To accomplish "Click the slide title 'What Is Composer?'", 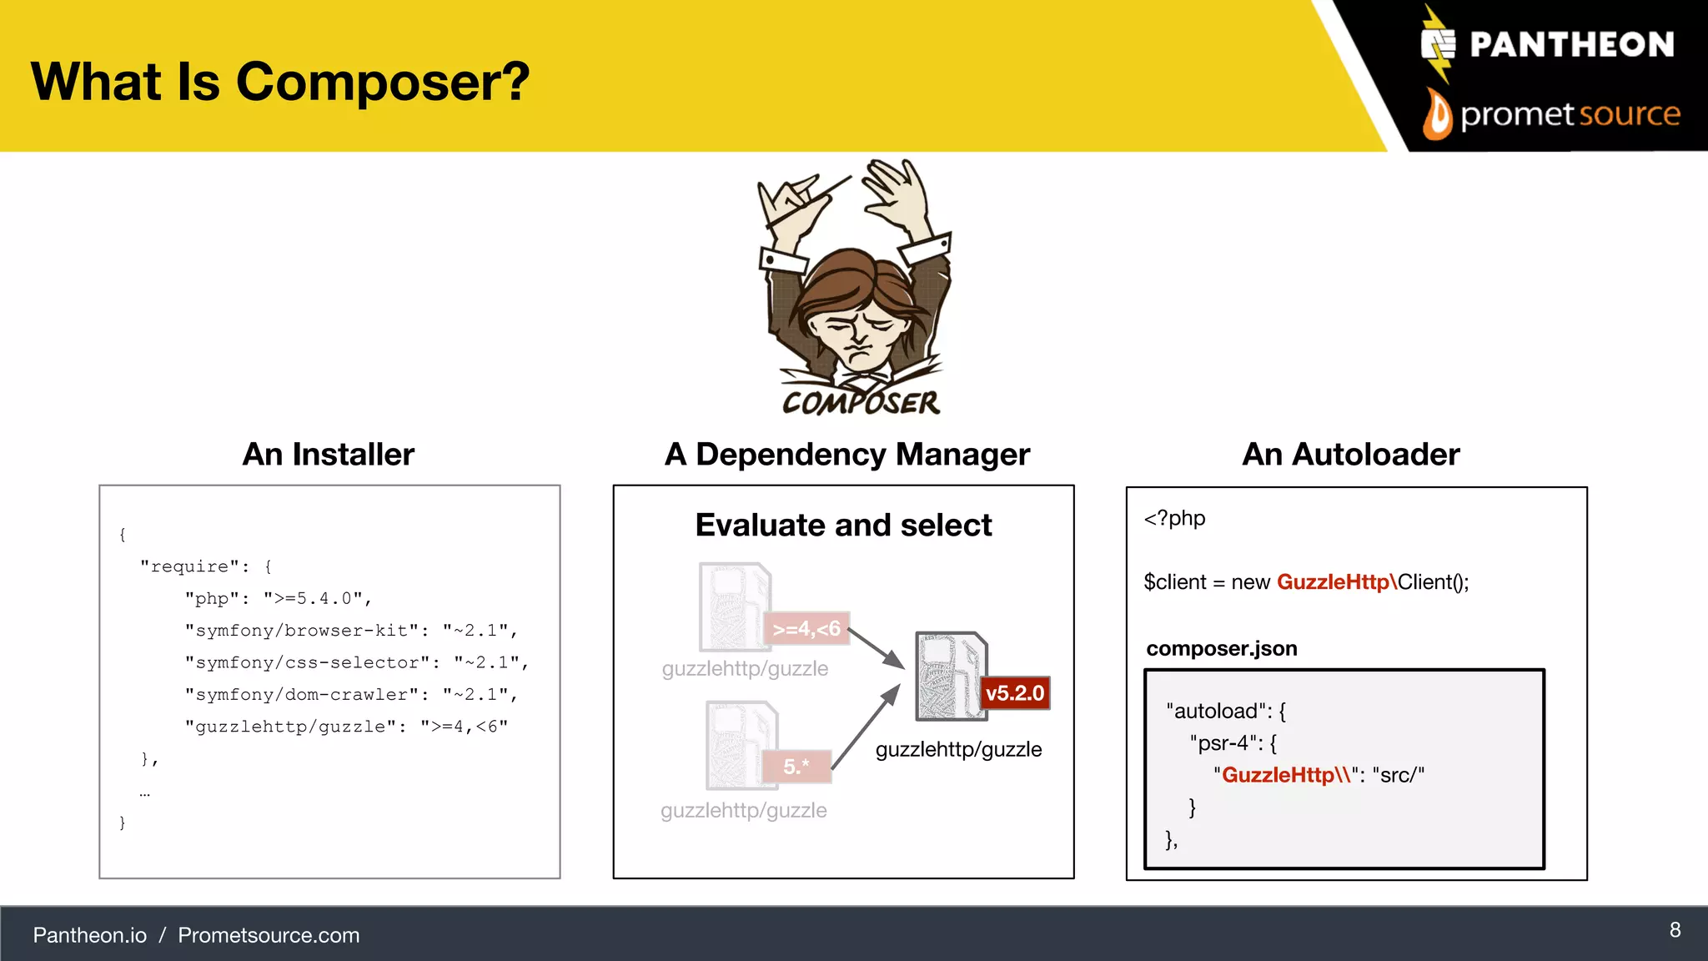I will pos(280,82).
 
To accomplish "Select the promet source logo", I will pos(1551,114).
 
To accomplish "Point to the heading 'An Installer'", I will pos(329,455).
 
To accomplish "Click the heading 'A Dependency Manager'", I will pos(847,455).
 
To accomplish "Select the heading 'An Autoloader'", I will pos(1351,455).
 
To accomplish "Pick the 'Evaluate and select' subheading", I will pos(843,526).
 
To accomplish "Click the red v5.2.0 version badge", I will pos(1014,693).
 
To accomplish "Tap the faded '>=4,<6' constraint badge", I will pos(806,629).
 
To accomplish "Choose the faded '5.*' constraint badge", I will pos(796,767).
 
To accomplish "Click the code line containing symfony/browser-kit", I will pos(351,631).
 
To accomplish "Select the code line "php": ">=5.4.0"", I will pos(278,599).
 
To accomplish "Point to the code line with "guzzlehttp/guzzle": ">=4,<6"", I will pos(346,727).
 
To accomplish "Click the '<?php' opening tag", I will pos(1174,519).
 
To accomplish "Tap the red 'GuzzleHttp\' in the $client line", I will pos(1336,582).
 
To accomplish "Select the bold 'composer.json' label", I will pos(1222,649).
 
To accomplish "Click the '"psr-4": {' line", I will pos(1233,743).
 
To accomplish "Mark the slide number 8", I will pos(1675,930).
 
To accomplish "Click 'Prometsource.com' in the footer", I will pos(269,935).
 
